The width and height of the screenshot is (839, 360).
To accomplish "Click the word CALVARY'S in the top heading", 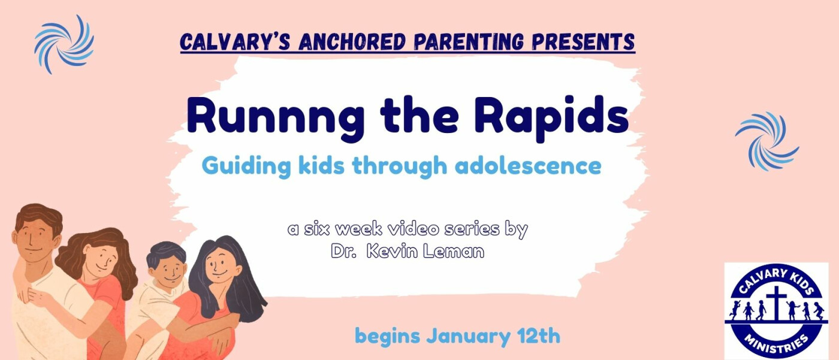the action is (235, 41).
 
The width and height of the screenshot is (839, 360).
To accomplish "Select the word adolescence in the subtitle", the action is (528, 165).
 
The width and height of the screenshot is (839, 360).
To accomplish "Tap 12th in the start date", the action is (539, 335).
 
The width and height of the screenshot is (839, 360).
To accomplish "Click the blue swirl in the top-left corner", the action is (64, 44).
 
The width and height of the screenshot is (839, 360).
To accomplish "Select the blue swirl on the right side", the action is (766, 141).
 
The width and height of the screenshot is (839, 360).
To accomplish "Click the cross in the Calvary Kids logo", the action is (777, 302).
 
